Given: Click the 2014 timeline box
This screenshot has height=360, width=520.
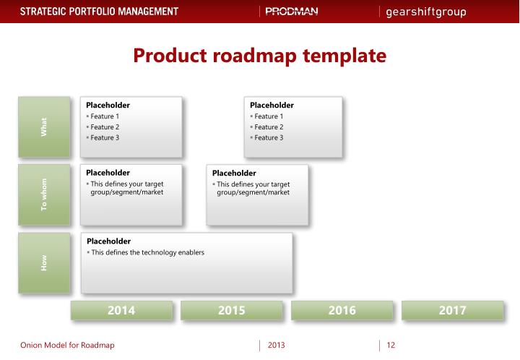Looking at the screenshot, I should pyautogui.click(x=121, y=310).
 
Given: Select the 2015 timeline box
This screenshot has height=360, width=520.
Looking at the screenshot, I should pyautogui.click(x=231, y=310).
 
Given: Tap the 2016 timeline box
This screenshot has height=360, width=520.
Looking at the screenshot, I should pyautogui.click(x=342, y=310).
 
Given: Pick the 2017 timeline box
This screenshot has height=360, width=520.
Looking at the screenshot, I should pyautogui.click(x=452, y=310).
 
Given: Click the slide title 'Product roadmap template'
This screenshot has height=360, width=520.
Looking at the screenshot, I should pyautogui.click(x=259, y=54).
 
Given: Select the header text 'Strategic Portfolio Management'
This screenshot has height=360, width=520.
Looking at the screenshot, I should pyautogui.click(x=90, y=12).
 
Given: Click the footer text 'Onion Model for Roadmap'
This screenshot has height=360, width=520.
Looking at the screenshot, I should pyautogui.click(x=57, y=345).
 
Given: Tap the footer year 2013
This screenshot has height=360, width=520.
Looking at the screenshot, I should pyautogui.click(x=277, y=345).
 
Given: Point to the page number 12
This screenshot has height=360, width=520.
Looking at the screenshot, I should pyautogui.click(x=391, y=345).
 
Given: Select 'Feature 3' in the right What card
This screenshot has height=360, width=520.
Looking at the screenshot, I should pyautogui.click(x=269, y=137).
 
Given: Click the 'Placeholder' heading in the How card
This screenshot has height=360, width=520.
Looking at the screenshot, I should pyautogui.click(x=108, y=241).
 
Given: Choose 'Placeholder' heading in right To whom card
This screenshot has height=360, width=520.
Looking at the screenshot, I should pyautogui.click(x=234, y=173).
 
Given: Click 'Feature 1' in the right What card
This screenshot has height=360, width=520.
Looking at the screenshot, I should pyautogui.click(x=269, y=116).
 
